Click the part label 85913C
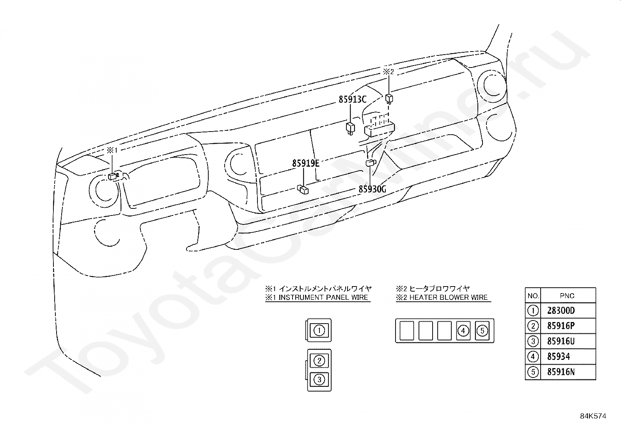352,100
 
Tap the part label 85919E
305,164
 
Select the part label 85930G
372,189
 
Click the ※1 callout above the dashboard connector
112,150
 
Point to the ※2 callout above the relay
389,72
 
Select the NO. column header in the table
533,296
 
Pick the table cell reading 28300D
561,311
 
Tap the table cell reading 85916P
561,326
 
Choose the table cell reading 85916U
561,341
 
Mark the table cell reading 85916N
561,372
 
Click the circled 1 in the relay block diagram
319,330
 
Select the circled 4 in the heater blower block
463,331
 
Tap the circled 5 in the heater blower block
482,331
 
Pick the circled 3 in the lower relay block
319,379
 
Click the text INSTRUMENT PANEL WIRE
323,297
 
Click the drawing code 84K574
593,416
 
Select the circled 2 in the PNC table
532,326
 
